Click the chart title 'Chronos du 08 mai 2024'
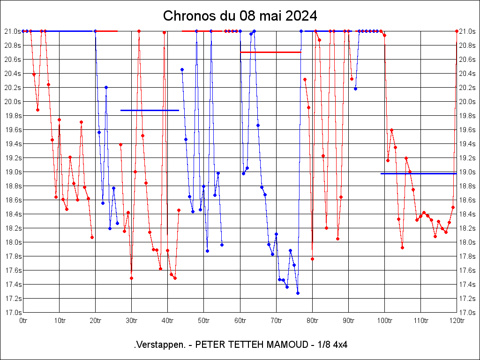(x=240, y=15)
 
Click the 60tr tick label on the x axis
(x=240, y=321)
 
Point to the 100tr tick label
(x=384, y=321)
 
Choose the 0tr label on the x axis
(x=23, y=321)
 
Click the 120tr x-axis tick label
(x=457, y=321)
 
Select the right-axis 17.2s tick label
(x=467, y=299)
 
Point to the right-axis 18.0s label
(x=467, y=242)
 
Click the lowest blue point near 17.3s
(x=298, y=293)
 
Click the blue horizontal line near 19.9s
(x=150, y=110)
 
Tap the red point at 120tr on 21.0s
(x=457, y=31)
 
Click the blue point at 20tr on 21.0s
(x=95, y=31)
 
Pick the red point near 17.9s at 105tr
(x=402, y=247)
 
